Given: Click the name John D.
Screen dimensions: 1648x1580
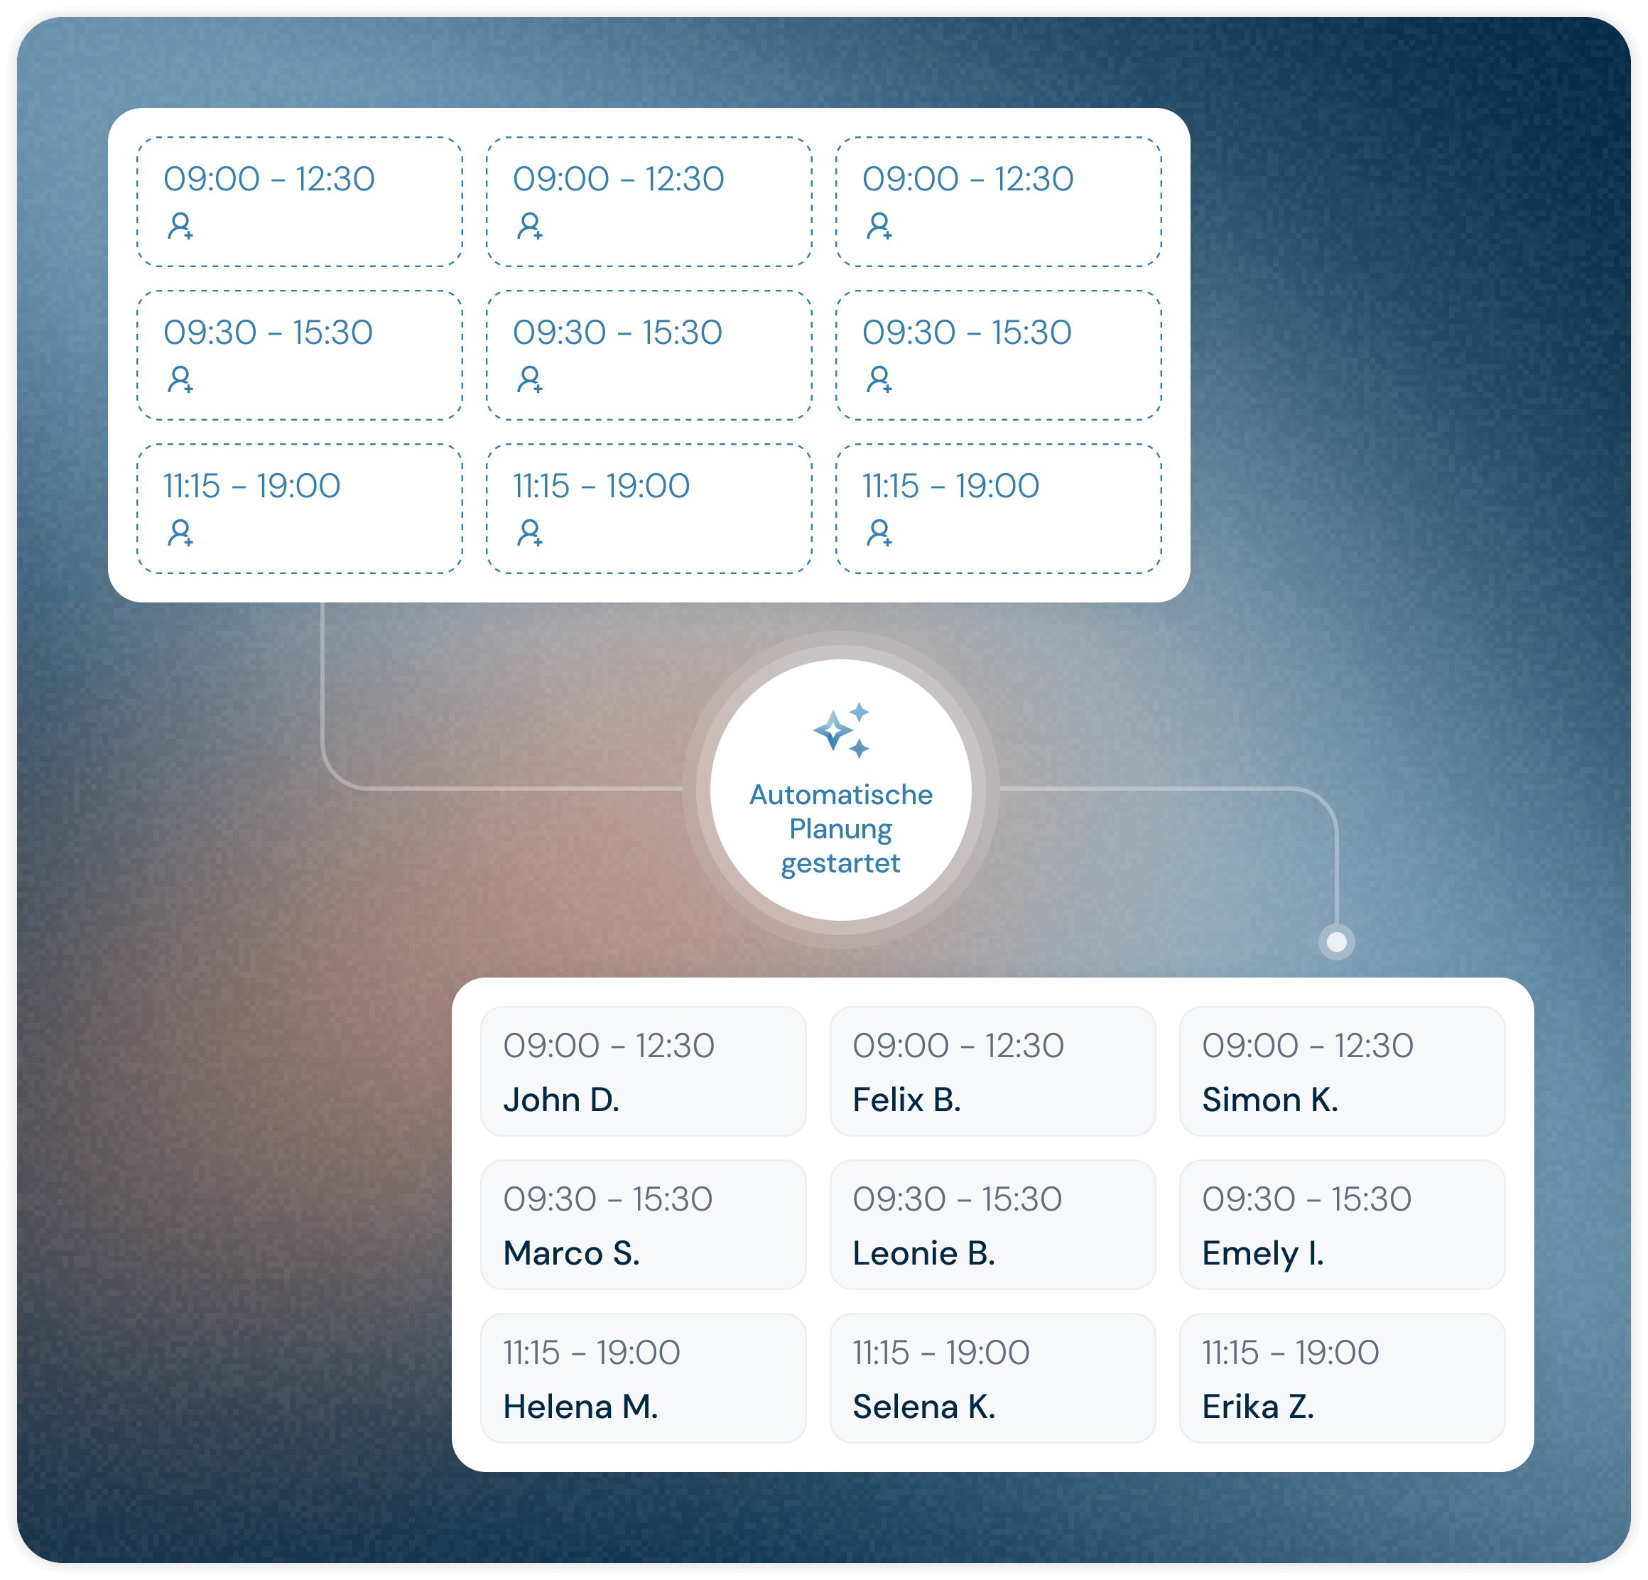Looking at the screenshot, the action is (561, 1100).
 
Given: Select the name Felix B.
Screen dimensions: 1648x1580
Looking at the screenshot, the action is (906, 1100).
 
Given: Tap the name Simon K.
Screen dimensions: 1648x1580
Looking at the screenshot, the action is (1269, 1100).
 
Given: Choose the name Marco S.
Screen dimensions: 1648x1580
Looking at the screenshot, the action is (572, 1253).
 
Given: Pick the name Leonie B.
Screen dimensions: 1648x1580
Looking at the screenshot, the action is (924, 1253).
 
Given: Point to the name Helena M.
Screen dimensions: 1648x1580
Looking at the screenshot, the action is (581, 1407).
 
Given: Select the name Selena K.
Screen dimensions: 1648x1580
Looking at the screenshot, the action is (924, 1407).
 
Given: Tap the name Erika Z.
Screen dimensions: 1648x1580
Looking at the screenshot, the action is (1258, 1407).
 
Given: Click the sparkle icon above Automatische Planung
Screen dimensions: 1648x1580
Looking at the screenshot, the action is (842, 730).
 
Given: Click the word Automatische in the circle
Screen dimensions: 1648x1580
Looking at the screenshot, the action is (841, 795).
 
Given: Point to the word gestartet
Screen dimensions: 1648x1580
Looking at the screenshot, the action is (841, 865).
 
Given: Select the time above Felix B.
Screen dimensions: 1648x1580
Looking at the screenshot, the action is (958, 1045).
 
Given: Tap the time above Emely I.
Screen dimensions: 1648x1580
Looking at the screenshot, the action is (1306, 1199).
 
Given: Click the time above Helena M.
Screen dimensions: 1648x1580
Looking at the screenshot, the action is (592, 1352).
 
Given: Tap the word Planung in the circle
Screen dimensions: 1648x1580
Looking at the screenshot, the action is (841, 830).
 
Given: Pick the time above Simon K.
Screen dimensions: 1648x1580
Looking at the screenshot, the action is (1308, 1045).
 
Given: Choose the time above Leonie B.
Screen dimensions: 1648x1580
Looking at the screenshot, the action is (958, 1199).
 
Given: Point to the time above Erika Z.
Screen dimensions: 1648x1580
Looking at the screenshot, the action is (1291, 1352).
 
